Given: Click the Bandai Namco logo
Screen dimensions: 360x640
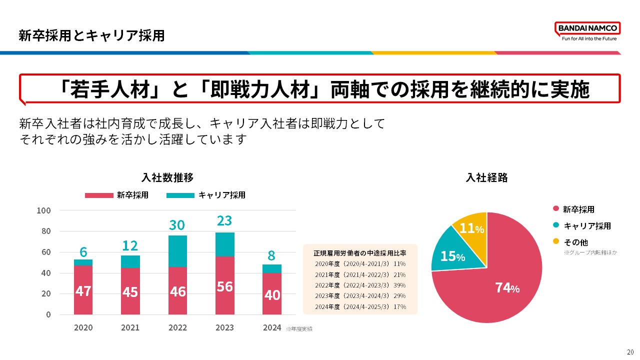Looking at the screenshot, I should coord(587,31).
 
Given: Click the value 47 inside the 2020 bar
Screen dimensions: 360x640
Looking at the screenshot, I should coord(83,291).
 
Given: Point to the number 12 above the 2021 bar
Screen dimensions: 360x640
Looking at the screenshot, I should coord(130,245).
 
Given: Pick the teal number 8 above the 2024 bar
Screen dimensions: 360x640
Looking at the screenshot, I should coord(271,255).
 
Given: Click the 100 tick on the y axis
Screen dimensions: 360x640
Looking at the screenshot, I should coord(44,210).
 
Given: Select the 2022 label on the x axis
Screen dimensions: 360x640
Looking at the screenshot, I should coord(177,328).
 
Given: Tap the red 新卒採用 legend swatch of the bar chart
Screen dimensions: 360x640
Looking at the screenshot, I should coord(99,195).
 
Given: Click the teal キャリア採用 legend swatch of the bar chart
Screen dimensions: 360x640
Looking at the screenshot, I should coord(180,195).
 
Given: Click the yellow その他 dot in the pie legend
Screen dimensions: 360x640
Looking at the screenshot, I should coord(555,242).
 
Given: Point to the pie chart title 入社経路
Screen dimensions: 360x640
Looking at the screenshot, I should coord(486,177).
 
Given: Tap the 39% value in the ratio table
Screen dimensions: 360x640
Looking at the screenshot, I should coord(400,285).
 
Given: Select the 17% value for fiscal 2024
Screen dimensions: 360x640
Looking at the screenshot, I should coord(400,306).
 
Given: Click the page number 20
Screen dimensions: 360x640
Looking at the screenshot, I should coord(629,351).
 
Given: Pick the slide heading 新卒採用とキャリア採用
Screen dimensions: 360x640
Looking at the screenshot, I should coord(91,35).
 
